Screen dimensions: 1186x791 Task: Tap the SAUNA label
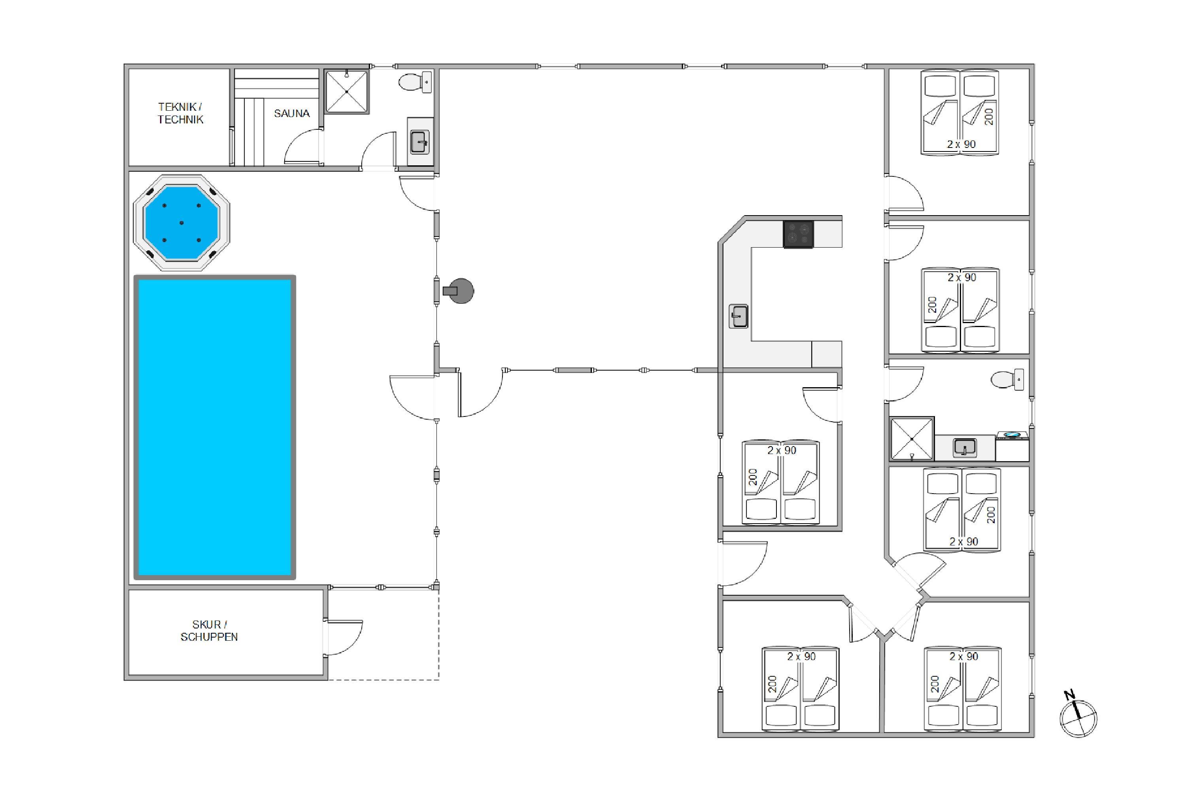click(x=291, y=114)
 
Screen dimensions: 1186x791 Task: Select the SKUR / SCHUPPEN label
click(x=209, y=630)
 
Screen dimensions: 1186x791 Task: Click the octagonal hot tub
click(x=181, y=222)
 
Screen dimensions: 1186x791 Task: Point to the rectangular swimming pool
click(x=215, y=427)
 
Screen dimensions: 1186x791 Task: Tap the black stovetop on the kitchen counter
click(x=798, y=234)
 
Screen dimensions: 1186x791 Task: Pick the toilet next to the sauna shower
click(x=415, y=82)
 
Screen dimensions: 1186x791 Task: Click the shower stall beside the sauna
click(x=346, y=91)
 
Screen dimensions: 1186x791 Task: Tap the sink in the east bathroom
click(x=965, y=447)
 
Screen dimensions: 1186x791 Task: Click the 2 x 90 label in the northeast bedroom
click(x=961, y=144)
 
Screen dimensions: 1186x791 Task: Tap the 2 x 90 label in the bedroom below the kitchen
click(x=782, y=450)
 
